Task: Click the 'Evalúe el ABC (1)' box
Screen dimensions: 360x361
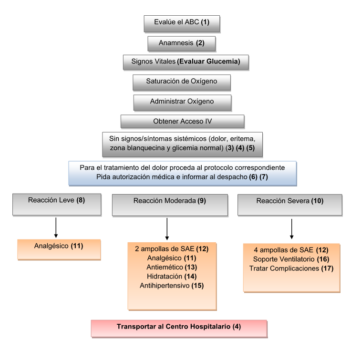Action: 182,23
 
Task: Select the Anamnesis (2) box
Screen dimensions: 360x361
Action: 181,43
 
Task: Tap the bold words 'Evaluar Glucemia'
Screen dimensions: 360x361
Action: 208,62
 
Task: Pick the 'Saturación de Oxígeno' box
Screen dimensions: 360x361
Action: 181,82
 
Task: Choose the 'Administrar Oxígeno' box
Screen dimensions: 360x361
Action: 182,102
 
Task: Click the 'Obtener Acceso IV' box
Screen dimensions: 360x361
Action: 182,122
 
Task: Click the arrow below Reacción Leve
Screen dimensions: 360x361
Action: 56,227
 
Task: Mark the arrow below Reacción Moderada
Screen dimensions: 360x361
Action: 167,229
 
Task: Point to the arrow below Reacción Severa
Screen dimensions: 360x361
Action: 291,229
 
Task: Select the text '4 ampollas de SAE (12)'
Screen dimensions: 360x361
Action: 291,250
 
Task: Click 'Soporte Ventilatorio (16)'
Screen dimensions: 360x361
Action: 291,259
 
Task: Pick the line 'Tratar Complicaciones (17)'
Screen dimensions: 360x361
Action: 291,268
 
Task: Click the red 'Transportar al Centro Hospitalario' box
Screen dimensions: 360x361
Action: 179,328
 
